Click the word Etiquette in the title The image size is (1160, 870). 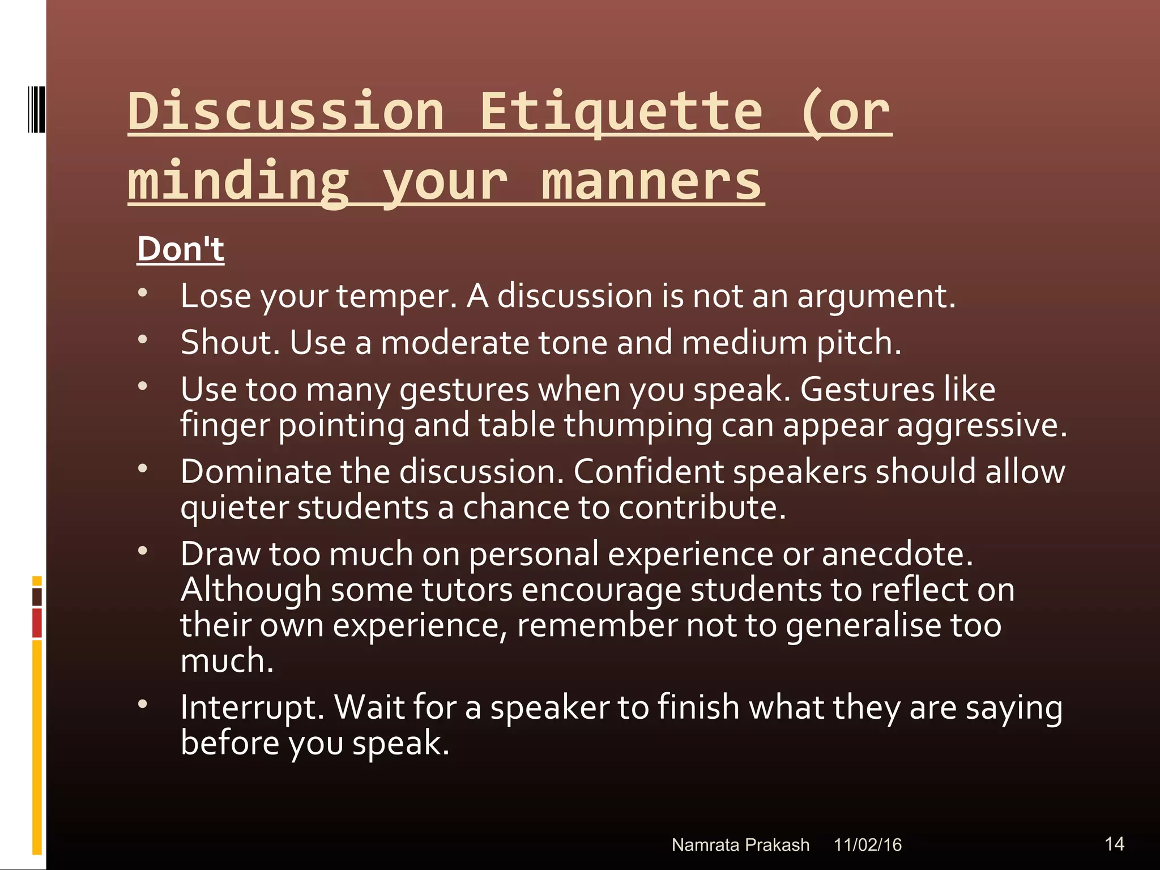[x=621, y=112]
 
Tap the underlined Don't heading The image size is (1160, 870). [x=181, y=249]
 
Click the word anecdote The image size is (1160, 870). [x=897, y=554]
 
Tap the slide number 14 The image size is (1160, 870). [x=1114, y=844]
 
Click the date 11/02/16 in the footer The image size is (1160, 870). [x=867, y=845]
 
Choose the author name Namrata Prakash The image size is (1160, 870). [x=740, y=845]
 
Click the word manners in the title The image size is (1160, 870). [x=651, y=181]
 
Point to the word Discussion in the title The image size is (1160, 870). [x=286, y=112]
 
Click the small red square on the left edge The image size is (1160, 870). [x=37, y=622]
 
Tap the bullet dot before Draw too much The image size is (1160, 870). [x=143, y=551]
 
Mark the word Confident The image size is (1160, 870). [x=648, y=472]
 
